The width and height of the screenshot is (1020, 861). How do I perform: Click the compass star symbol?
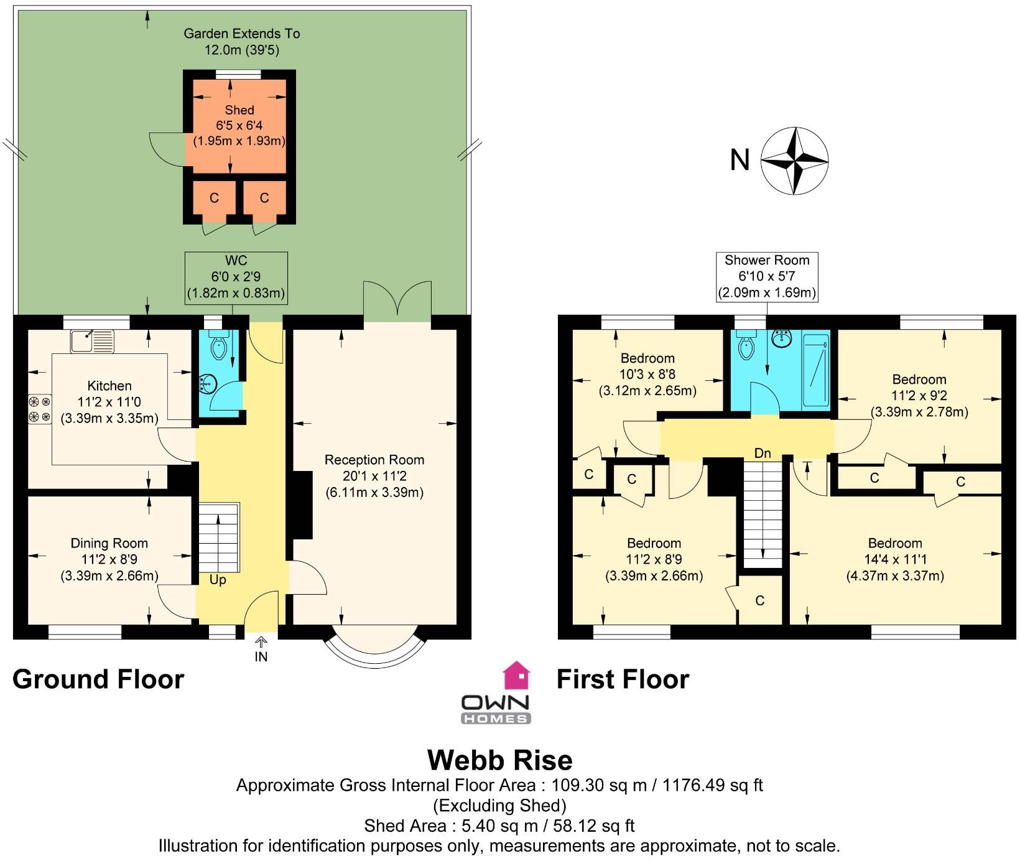(795, 161)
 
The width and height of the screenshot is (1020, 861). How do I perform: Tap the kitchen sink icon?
(92, 341)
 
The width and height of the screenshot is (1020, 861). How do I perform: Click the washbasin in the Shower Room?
(782, 338)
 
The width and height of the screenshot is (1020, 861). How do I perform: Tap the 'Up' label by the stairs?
(218, 580)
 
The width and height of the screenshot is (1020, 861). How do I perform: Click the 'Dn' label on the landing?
(763, 453)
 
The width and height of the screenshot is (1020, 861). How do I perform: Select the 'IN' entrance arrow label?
(261, 656)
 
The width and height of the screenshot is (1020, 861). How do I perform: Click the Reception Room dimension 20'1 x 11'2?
(374, 477)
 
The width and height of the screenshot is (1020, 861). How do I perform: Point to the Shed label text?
(239, 110)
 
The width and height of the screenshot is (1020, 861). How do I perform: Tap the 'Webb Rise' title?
(499, 760)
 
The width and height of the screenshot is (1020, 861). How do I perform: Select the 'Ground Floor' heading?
(98, 679)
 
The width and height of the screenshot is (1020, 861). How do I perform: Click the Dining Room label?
(109, 543)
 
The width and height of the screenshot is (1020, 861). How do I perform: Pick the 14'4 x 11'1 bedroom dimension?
(895, 559)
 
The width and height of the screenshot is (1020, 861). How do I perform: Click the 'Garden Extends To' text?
(242, 34)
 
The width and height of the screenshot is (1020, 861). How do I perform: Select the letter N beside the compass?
(739, 161)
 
